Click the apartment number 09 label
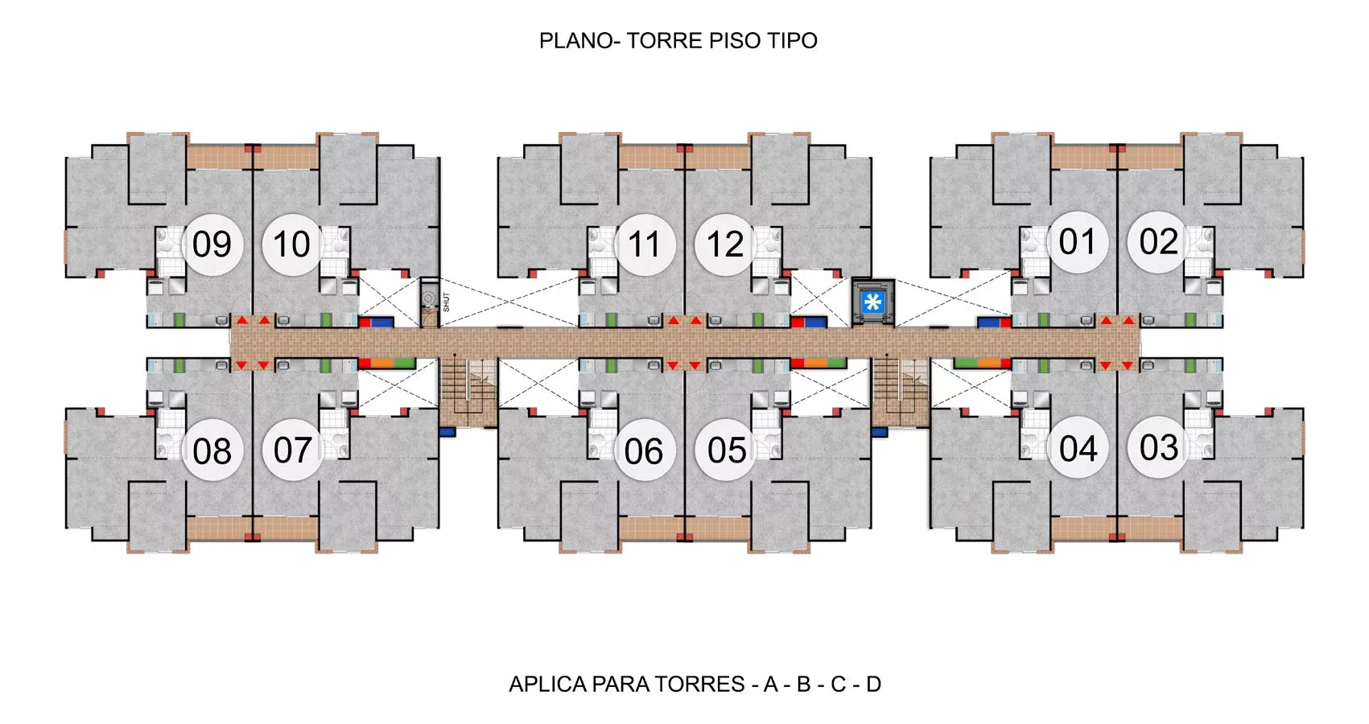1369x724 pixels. [x=212, y=245]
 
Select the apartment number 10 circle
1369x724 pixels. [x=292, y=244]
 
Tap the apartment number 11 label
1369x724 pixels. [x=644, y=245]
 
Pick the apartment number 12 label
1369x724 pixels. [x=725, y=245]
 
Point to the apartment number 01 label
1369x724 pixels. [x=1077, y=242]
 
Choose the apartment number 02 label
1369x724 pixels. [x=1158, y=242]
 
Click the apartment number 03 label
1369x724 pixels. [x=1159, y=448]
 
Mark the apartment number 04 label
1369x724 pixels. [x=1078, y=450]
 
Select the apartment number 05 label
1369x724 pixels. [x=727, y=451]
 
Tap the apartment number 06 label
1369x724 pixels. [x=644, y=452]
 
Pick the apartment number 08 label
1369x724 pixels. [x=212, y=452]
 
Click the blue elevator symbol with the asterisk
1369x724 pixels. [x=872, y=302]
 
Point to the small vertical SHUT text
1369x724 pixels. [x=446, y=302]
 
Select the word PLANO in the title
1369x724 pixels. [x=576, y=41]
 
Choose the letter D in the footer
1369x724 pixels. [x=873, y=685]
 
